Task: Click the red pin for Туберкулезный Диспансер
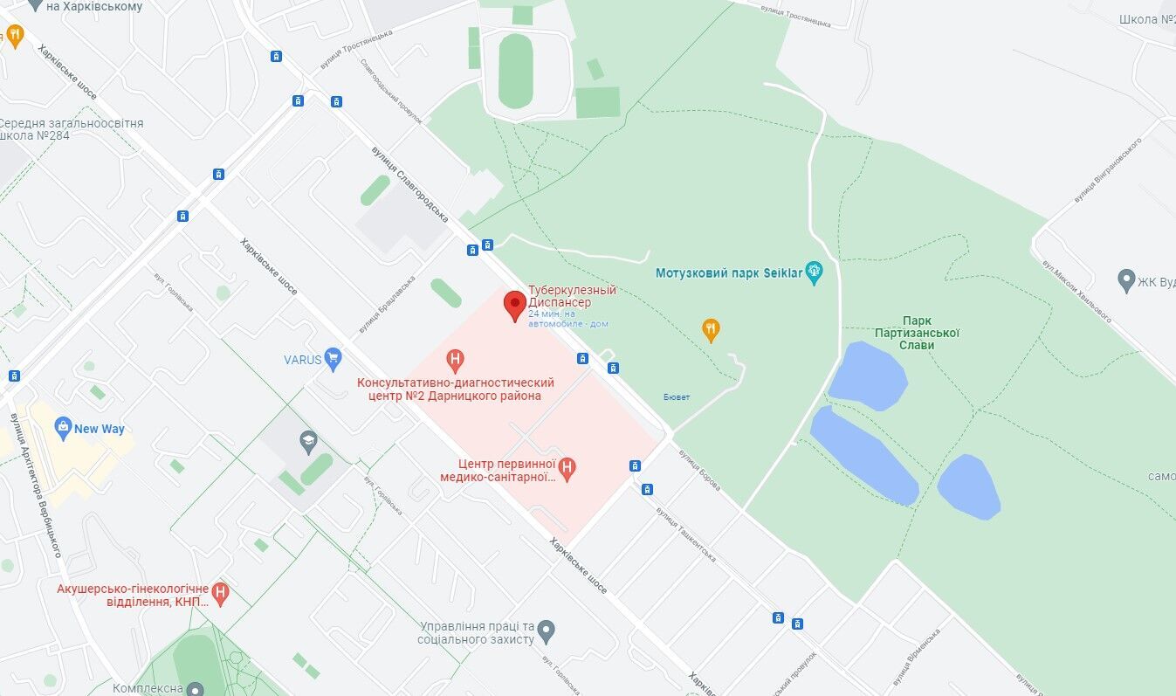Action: pos(514,306)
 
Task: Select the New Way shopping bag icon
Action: pos(63,427)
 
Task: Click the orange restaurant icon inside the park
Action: pos(711,329)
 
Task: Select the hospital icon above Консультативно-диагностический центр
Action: pos(454,359)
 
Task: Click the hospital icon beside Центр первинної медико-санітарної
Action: pos(567,469)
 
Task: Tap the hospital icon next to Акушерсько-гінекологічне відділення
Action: pos(220,594)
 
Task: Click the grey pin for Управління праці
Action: pos(547,630)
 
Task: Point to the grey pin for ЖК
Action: pos(1126,280)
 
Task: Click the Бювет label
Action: pos(676,397)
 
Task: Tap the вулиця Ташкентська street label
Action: pos(686,534)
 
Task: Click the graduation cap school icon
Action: pos(307,441)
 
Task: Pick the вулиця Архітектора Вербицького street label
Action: pos(35,486)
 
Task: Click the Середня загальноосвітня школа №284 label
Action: pos(72,130)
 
